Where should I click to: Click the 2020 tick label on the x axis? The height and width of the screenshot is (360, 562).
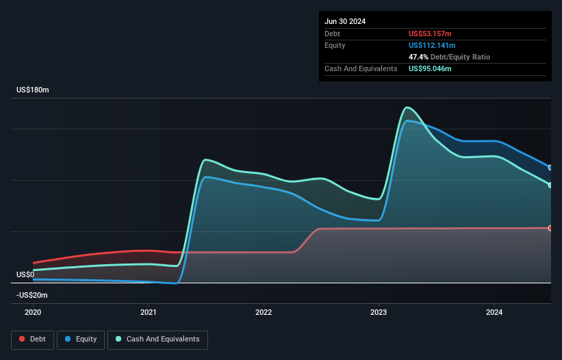click(33, 312)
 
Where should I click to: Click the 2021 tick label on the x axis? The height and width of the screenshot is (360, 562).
click(149, 312)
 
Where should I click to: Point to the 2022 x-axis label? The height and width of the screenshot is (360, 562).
click(264, 312)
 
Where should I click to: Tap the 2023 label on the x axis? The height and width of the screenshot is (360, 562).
click(379, 312)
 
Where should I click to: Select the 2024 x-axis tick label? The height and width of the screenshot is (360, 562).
click(494, 312)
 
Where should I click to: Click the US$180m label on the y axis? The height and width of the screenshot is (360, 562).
click(33, 90)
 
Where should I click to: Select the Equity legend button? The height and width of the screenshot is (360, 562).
click(81, 339)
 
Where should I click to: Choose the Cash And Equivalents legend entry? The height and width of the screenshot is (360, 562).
click(157, 339)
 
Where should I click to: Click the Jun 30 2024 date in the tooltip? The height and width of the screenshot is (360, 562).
click(345, 21)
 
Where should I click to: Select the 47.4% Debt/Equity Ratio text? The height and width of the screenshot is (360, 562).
click(449, 57)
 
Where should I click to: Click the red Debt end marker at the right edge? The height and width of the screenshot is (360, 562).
click(550, 228)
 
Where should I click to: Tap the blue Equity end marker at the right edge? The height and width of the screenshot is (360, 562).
click(550, 167)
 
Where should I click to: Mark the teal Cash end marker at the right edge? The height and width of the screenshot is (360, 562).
click(550, 185)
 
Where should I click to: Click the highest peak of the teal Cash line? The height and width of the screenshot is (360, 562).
click(407, 107)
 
